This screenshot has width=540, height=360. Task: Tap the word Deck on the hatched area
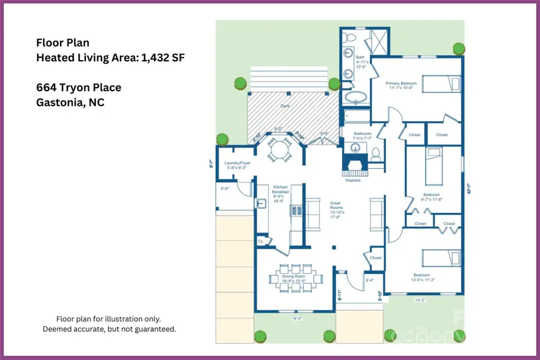(285, 106)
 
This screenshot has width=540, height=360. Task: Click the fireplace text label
(352, 180)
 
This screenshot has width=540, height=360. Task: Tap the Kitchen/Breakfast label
(281, 193)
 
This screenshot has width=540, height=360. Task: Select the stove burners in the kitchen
(295, 210)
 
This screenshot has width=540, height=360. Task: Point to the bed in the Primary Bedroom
(442, 83)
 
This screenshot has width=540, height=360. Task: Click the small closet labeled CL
(261, 241)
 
